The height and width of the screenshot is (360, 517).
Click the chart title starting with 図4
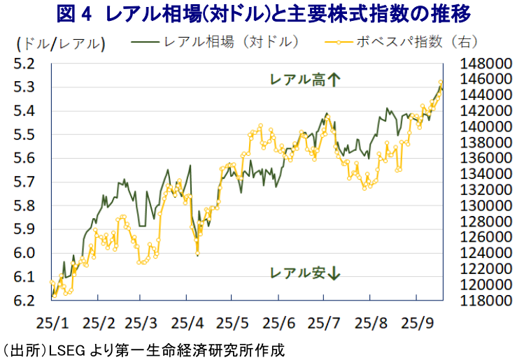[258, 13]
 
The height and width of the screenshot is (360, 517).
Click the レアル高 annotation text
[298, 80]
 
